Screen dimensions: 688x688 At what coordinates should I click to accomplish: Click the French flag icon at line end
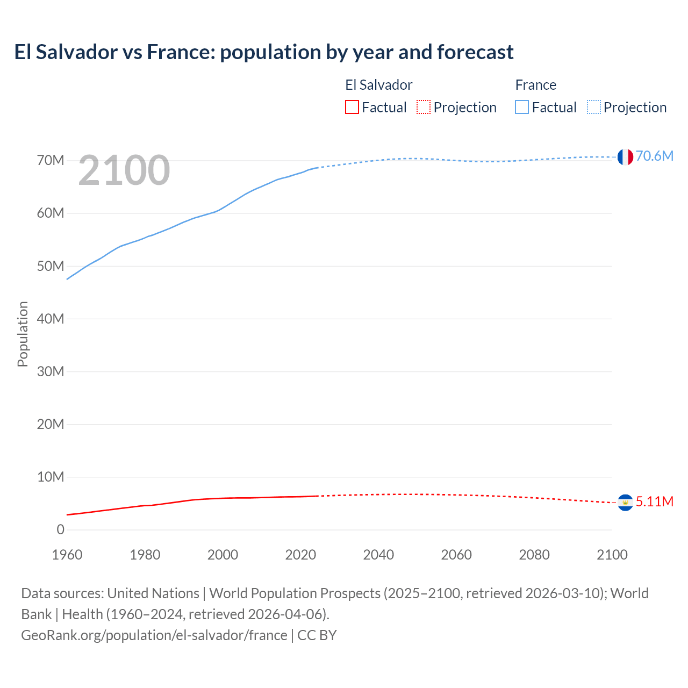click(x=625, y=157)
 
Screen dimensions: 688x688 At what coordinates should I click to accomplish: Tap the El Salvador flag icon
click(x=625, y=502)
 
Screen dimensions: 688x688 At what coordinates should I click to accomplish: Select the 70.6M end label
click(x=654, y=156)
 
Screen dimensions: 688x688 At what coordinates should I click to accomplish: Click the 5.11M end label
click(x=654, y=501)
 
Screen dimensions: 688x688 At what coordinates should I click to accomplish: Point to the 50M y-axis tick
click(x=51, y=266)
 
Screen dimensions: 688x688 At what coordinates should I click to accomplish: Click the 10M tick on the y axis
click(x=51, y=477)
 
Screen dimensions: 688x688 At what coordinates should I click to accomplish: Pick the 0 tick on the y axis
click(x=60, y=529)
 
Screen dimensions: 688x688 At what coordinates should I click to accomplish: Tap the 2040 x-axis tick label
click(x=378, y=555)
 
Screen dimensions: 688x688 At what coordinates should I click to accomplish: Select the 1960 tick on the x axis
click(x=67, y=555)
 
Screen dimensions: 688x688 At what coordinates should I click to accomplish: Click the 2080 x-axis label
click(x=534, y=555)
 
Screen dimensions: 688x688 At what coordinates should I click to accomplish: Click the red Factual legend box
click(x=352, y=107)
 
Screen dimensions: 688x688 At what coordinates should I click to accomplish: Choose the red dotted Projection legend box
click(x=424, y=107)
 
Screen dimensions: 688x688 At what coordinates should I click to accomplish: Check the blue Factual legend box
click(x=521, y=107)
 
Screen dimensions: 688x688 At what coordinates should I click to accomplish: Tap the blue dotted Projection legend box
click(x=593, y=107)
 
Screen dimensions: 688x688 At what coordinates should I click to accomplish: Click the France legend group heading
click(x=535, y=85)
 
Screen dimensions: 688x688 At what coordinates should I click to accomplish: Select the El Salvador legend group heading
click(x=378, y=85)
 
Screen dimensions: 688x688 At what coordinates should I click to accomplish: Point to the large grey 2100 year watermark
click(x=124, y=170)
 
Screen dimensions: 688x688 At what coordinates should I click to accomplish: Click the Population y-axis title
click(x=23, y=334)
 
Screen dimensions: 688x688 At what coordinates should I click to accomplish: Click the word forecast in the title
click(x=475, y=52)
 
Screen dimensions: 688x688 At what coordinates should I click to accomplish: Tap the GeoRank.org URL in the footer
click(x=154, y=635)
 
